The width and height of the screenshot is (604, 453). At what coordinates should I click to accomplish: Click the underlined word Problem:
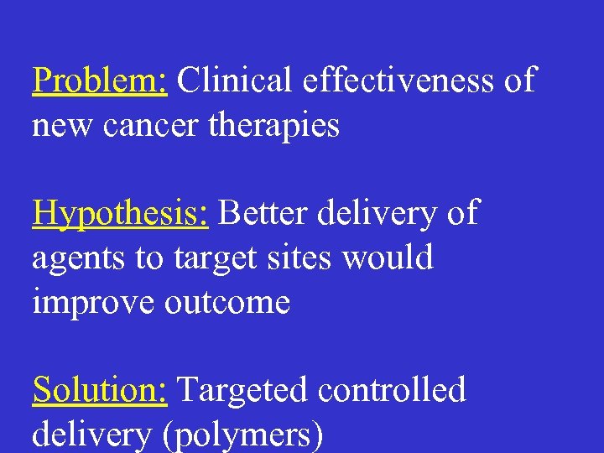click(101, 82)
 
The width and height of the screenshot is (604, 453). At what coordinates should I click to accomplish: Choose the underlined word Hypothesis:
click(120, 214)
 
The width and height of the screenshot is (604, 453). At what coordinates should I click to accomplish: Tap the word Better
click(263, 213)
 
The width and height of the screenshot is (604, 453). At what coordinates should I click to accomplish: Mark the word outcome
click(227, 302)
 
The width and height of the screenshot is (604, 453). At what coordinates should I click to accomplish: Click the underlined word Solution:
click(100, 390)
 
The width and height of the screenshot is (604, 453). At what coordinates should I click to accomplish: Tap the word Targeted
click(242, 391)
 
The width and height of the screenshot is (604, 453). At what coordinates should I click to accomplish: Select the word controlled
click(390, 390)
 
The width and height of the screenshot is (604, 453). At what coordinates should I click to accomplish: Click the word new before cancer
click(59, 127)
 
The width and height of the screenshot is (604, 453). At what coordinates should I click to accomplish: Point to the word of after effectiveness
click(520, 81)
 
